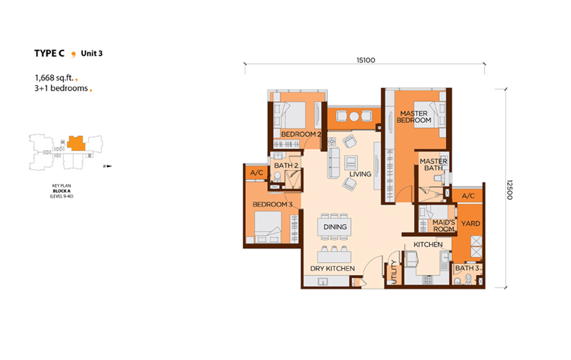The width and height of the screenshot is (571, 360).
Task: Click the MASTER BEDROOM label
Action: point(413,117)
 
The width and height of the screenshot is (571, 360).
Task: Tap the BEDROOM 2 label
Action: point(301,134)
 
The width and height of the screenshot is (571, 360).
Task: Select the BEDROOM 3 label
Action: point(272,205)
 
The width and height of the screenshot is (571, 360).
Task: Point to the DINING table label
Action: point(335,227)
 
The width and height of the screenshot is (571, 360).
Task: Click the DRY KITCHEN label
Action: point(332,269)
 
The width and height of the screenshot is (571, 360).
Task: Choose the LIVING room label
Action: point(360,174)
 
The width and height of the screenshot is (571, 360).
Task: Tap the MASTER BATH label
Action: point(433,165)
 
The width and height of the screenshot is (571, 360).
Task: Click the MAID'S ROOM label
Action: point(444,226)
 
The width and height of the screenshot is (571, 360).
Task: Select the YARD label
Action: point(471,223)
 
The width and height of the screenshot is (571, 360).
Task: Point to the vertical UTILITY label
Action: point(393,272)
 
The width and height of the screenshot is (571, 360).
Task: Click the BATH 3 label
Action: point(467,268)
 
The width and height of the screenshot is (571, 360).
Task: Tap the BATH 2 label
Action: point(286,165)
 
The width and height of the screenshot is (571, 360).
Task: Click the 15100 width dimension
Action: point(365,60)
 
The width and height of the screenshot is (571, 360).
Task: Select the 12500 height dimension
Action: point(509,190)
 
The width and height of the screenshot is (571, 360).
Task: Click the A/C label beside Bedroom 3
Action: point(257,173)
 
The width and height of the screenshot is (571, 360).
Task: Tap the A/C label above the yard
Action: point(468,196)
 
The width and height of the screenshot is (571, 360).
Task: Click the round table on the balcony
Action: point(355,116)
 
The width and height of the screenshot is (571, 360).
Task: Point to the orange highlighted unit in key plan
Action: point(76,143)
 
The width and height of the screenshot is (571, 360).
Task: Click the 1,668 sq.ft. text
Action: point(54,78)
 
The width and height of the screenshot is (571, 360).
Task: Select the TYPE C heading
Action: point(49,54)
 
